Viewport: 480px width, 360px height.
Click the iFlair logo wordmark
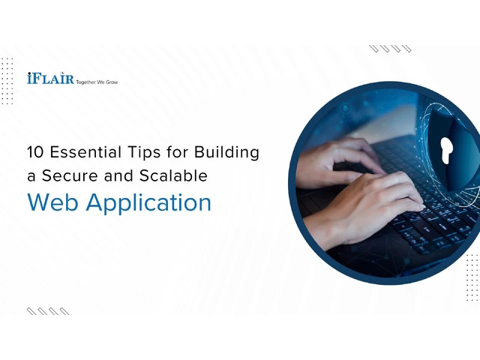pyautogui.click(x=50, y=78)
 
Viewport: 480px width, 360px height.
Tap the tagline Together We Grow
pyautogui.click(x=97, y=82)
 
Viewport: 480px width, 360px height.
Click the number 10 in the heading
pyautogui.click(x=35, y=152)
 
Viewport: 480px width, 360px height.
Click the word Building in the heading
pyautogui.click(x=226, y=153)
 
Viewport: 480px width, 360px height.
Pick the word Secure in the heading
pyautogui.click(x=70, y=175)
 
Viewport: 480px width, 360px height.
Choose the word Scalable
pyautogui.click(x=173, y=175)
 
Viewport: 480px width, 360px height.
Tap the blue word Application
pyautogui.click(x=148, y=203)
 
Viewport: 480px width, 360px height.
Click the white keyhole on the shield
pyautogui.click(x=446, y=150)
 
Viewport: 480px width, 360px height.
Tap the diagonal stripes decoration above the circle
pyautogui.click(x=390, y=49)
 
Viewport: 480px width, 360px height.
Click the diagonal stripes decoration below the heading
pyautogui.click(x=48, y=311)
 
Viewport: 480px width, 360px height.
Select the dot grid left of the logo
pyautogui.click(x=7, y=81)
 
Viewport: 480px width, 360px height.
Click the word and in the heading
pyautogui.click(x=118, y=175)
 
